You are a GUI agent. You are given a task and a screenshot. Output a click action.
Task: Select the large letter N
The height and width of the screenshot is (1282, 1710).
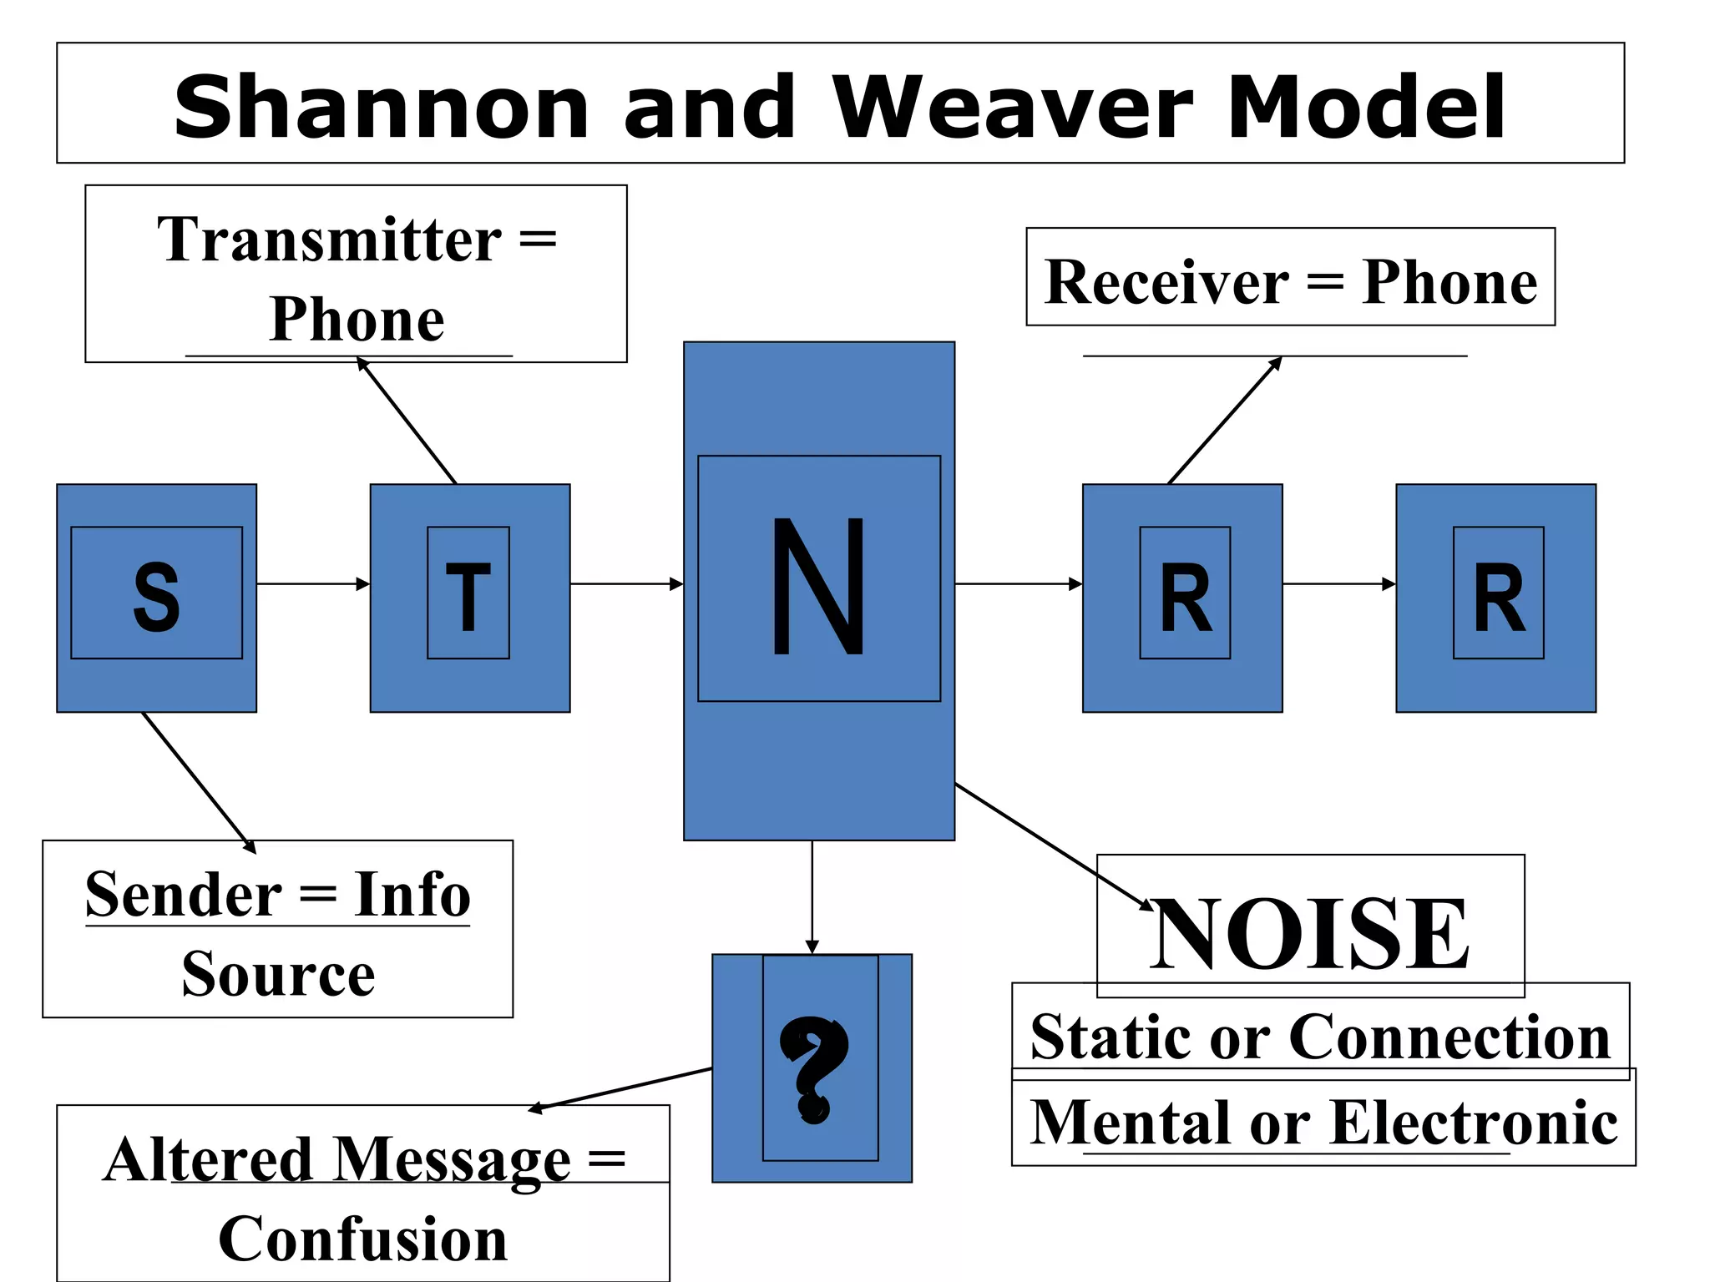click(x=818, y=586)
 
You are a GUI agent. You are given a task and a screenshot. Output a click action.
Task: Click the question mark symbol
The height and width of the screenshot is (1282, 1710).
click(x=813, y=1069)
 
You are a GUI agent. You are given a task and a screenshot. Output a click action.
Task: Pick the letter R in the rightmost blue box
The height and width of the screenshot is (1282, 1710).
click(x=1499, y=598)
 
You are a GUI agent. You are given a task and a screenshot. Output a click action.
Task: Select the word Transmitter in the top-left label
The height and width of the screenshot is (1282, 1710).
click(x=329, y=240)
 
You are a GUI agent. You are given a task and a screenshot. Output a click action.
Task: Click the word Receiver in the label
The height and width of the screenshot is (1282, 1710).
click(x=1166, y=282)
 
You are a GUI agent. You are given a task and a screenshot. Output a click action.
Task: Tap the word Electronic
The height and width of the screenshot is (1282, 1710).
click(x=1474, y=1123)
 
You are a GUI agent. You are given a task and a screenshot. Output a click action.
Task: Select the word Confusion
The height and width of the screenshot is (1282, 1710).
click(x=362, y=1239)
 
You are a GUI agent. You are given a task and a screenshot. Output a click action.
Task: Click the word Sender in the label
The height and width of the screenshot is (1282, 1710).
click(x=184, y=895)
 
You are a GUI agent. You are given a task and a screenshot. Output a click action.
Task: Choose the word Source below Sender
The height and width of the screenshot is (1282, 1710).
click(x=278, y=973)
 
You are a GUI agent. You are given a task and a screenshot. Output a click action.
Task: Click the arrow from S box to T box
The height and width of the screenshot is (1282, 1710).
click(x=313, y=583)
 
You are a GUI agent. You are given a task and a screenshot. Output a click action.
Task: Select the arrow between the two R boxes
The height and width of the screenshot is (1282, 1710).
click(x=1338, y=583)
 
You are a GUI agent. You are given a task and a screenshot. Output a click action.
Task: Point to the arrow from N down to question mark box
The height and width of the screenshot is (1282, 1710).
click(x=812, y=897)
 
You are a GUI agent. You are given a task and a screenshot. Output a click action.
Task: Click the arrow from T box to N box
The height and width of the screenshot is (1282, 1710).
click(x=626, y=583)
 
